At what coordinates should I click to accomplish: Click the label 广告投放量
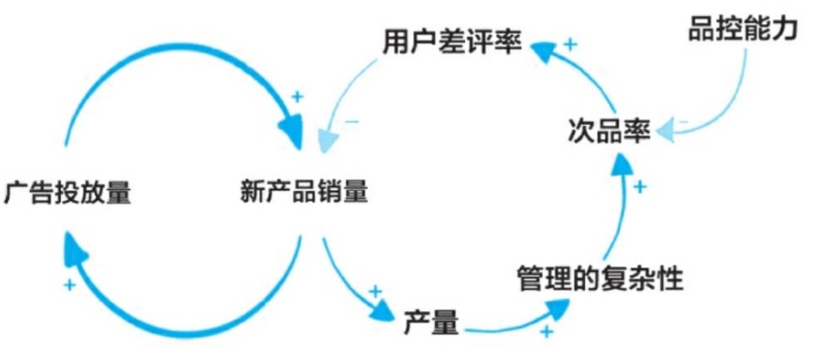click(68, 194)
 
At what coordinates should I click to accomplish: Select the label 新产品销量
click(304, 194)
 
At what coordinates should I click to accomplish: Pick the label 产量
click(431, 323)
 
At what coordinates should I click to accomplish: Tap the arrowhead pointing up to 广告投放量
click(75, 249)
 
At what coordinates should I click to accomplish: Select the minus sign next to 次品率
click(683, 121)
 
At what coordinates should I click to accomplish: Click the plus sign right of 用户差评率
click(570, 44)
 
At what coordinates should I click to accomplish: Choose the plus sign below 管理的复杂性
click(547, 331)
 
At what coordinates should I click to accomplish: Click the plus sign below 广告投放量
click(69, 285)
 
